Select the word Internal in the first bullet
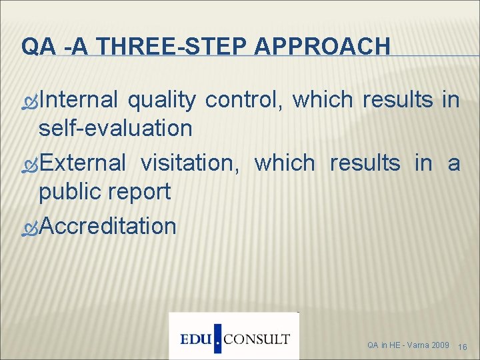[x=79, y=100]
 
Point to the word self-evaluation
[x=115, y=128]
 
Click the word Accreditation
[x=107, y=226]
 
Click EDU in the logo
[x=196, y=339]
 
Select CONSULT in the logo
[x=257, y=339]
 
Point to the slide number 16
[x=464, y=346]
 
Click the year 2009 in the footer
[x=440, y=345]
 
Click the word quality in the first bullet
[x=162, y=100]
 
